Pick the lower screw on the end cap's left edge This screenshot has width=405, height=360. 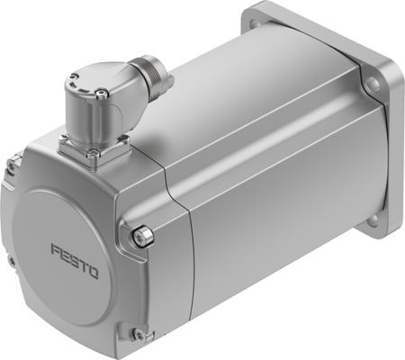11,262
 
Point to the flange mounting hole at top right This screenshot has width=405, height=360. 372,85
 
